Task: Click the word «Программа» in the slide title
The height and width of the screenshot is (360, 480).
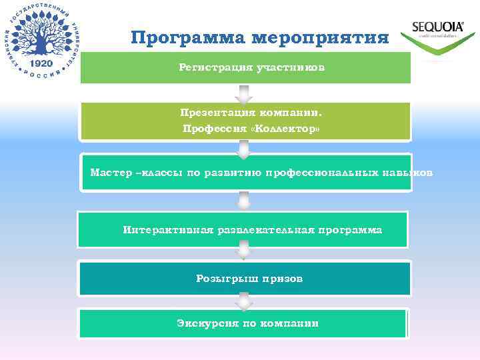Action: tap(189, 37)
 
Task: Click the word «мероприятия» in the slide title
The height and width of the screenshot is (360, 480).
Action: tap(321, 38)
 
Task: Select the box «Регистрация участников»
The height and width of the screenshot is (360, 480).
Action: tap(245, 67)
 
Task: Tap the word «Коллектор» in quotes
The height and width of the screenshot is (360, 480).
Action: tap(284, 128)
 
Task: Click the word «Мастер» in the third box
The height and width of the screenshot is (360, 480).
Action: tap(111, 173)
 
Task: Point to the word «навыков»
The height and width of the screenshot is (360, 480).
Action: tap(408, 173)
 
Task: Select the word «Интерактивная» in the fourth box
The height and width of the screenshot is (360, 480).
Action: tap(167, 230)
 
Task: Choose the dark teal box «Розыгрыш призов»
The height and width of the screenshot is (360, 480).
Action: tap(245, 279)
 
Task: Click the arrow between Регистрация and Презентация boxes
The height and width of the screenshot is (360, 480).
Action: tap(244, 95)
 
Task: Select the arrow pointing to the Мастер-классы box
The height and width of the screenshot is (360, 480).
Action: tap(244, 149)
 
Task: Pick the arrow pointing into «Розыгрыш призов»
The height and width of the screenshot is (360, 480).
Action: tap(244, 250)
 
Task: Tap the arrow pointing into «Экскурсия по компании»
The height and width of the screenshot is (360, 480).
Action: tap(244, 303)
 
